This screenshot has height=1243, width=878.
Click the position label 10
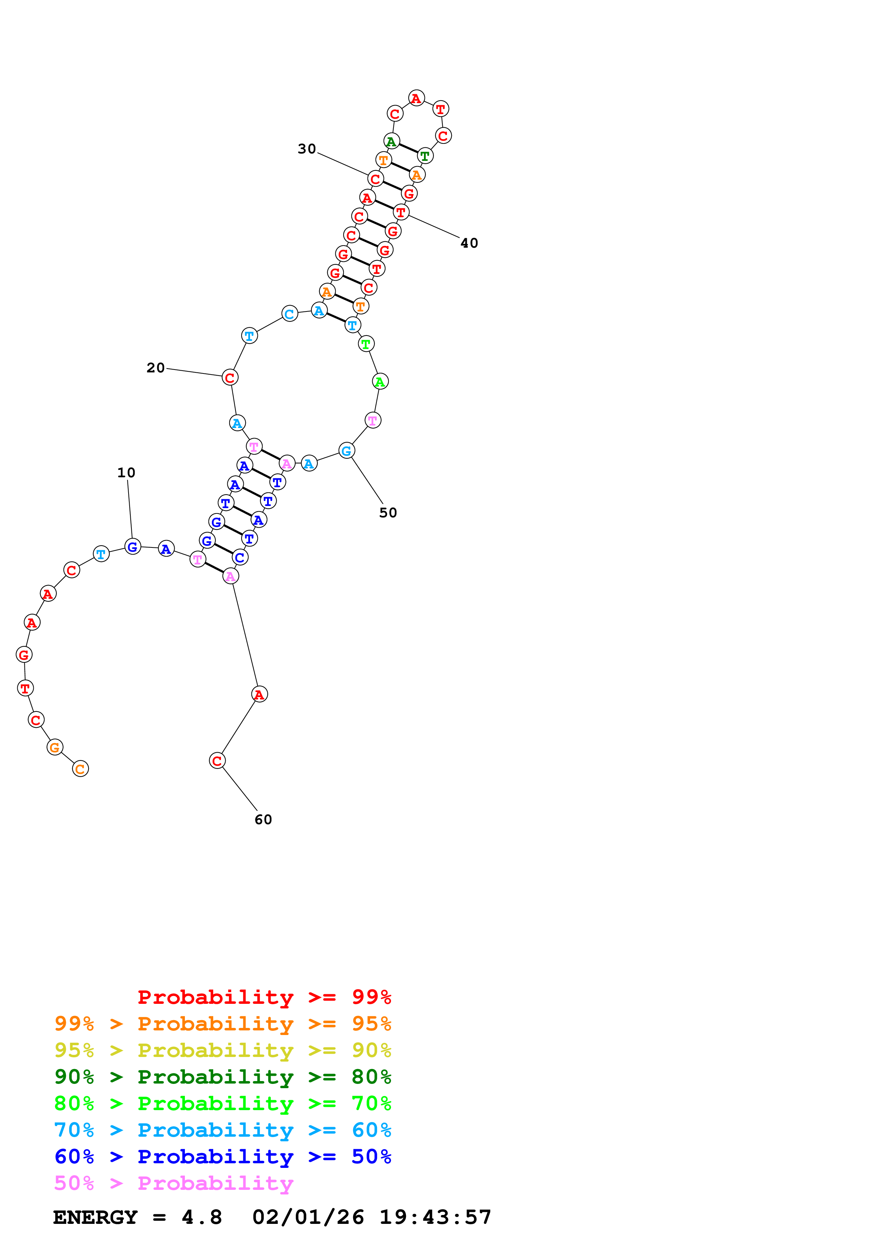coord(126,473)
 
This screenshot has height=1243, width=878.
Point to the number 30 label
coord(307,149)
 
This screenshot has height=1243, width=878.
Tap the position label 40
coord(469,243)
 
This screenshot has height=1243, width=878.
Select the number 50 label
coord(388,513)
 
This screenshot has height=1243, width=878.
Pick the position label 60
coord(263,820)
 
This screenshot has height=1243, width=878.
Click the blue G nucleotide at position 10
coord(132,547)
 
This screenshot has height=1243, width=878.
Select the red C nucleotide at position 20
coord(230,377)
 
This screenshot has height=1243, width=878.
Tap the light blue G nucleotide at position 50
coord(347,450)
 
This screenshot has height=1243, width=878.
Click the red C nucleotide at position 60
coord(217,761)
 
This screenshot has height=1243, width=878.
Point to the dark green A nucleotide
coord(391,142)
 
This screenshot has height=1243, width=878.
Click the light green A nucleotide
coord(380,382)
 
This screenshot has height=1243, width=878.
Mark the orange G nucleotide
coord(55,748)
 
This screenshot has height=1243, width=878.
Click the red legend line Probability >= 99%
coord(264,997)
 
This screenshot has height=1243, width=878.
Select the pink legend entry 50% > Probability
coord(173,1182)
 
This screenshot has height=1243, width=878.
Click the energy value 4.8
coord(201,1217)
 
